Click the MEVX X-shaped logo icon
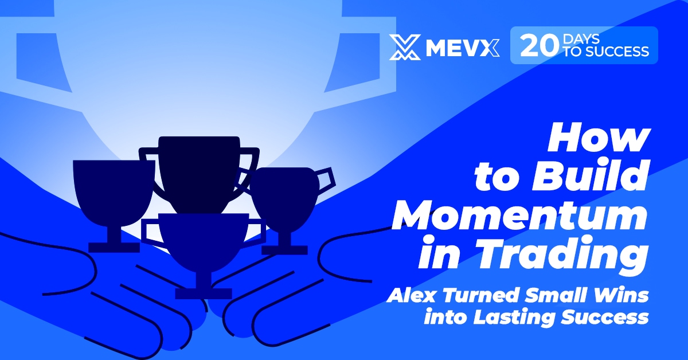click(405, 47)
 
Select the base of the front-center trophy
click(203, 294)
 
